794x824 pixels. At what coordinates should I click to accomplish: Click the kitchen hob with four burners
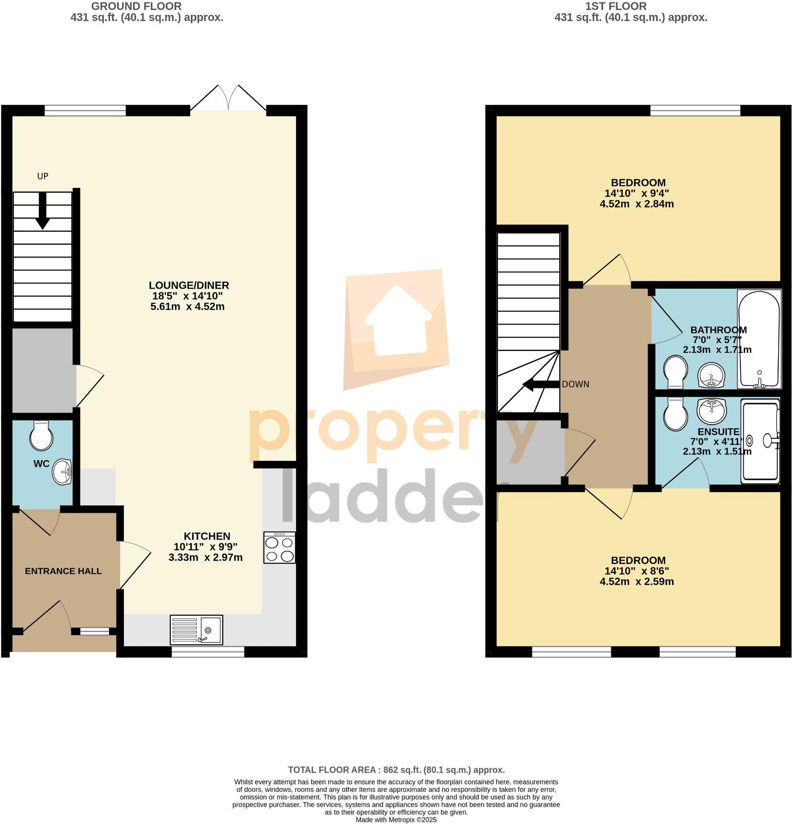(x=279, y=547)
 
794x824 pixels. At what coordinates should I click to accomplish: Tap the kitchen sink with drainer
(x=196, y=630)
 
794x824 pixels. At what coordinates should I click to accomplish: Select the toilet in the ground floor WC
(x=40, y=435)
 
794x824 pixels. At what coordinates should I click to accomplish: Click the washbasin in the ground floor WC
(x=62, y=472)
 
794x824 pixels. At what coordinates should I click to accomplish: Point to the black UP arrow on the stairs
(x=43, y=211)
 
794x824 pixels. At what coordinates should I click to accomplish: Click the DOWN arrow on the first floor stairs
(x=540, y=384)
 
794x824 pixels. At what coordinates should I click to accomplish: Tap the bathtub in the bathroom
(x=759, y=339)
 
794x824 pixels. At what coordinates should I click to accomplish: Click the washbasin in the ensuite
(x=712, y=410)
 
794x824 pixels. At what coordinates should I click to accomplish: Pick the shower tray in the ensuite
(x=760, y=441)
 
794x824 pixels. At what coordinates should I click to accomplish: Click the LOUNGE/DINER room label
(x=188, y=285)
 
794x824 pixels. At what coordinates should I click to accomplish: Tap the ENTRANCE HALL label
(x=63, y=571)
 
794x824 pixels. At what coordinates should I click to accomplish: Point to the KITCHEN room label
(x=207, y=536)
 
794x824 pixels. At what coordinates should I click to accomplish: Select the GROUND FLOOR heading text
(x=136, y=6)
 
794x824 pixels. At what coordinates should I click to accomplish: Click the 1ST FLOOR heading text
(x=616, y=6)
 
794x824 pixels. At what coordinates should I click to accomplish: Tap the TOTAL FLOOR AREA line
(x=396, y=770)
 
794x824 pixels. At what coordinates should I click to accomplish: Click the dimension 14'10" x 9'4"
(x=637, y=193)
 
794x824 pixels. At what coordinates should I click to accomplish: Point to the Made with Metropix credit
(x=396, y=820)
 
